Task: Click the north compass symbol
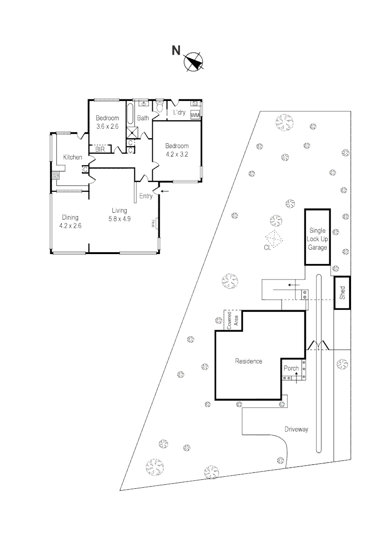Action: tap(193, 62)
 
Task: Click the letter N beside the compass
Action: tap(176, 51)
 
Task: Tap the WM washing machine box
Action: tap(195, 115)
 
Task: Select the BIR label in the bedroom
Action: tap(99, 149)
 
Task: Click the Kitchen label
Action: tap(73, 157)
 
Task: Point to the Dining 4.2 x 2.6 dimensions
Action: tap(70, 226)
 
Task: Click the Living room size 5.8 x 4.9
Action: tap(119, 219)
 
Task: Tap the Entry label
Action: tap(146, 196)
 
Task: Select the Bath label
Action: tap(143, 118)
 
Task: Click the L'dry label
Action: tap(179, 112)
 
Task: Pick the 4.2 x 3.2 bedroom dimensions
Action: tap(177, 154)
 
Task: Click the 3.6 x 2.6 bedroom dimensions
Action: tap(107, 126)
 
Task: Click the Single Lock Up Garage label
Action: tap(317, 239)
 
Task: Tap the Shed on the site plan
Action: tap(342, 293)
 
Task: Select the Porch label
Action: tap(291, 368)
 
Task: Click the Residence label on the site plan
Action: tap(248, 361)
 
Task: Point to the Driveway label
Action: tap(296, 429)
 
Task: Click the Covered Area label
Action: tap(232, 321)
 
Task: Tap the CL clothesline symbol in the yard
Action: tap(274, 239)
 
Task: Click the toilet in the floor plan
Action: tap(159, 106)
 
